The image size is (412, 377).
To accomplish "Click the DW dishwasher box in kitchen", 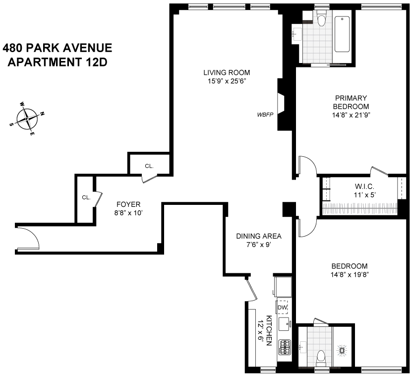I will (x=282, y=308).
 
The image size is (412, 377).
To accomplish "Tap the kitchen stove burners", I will (x=285, y=346).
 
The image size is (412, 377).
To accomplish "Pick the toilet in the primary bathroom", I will (x=321, y=20).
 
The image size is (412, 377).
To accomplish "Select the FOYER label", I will (x=128, y=204).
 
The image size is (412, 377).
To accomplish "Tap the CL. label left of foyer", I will (x=86, y=197).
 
